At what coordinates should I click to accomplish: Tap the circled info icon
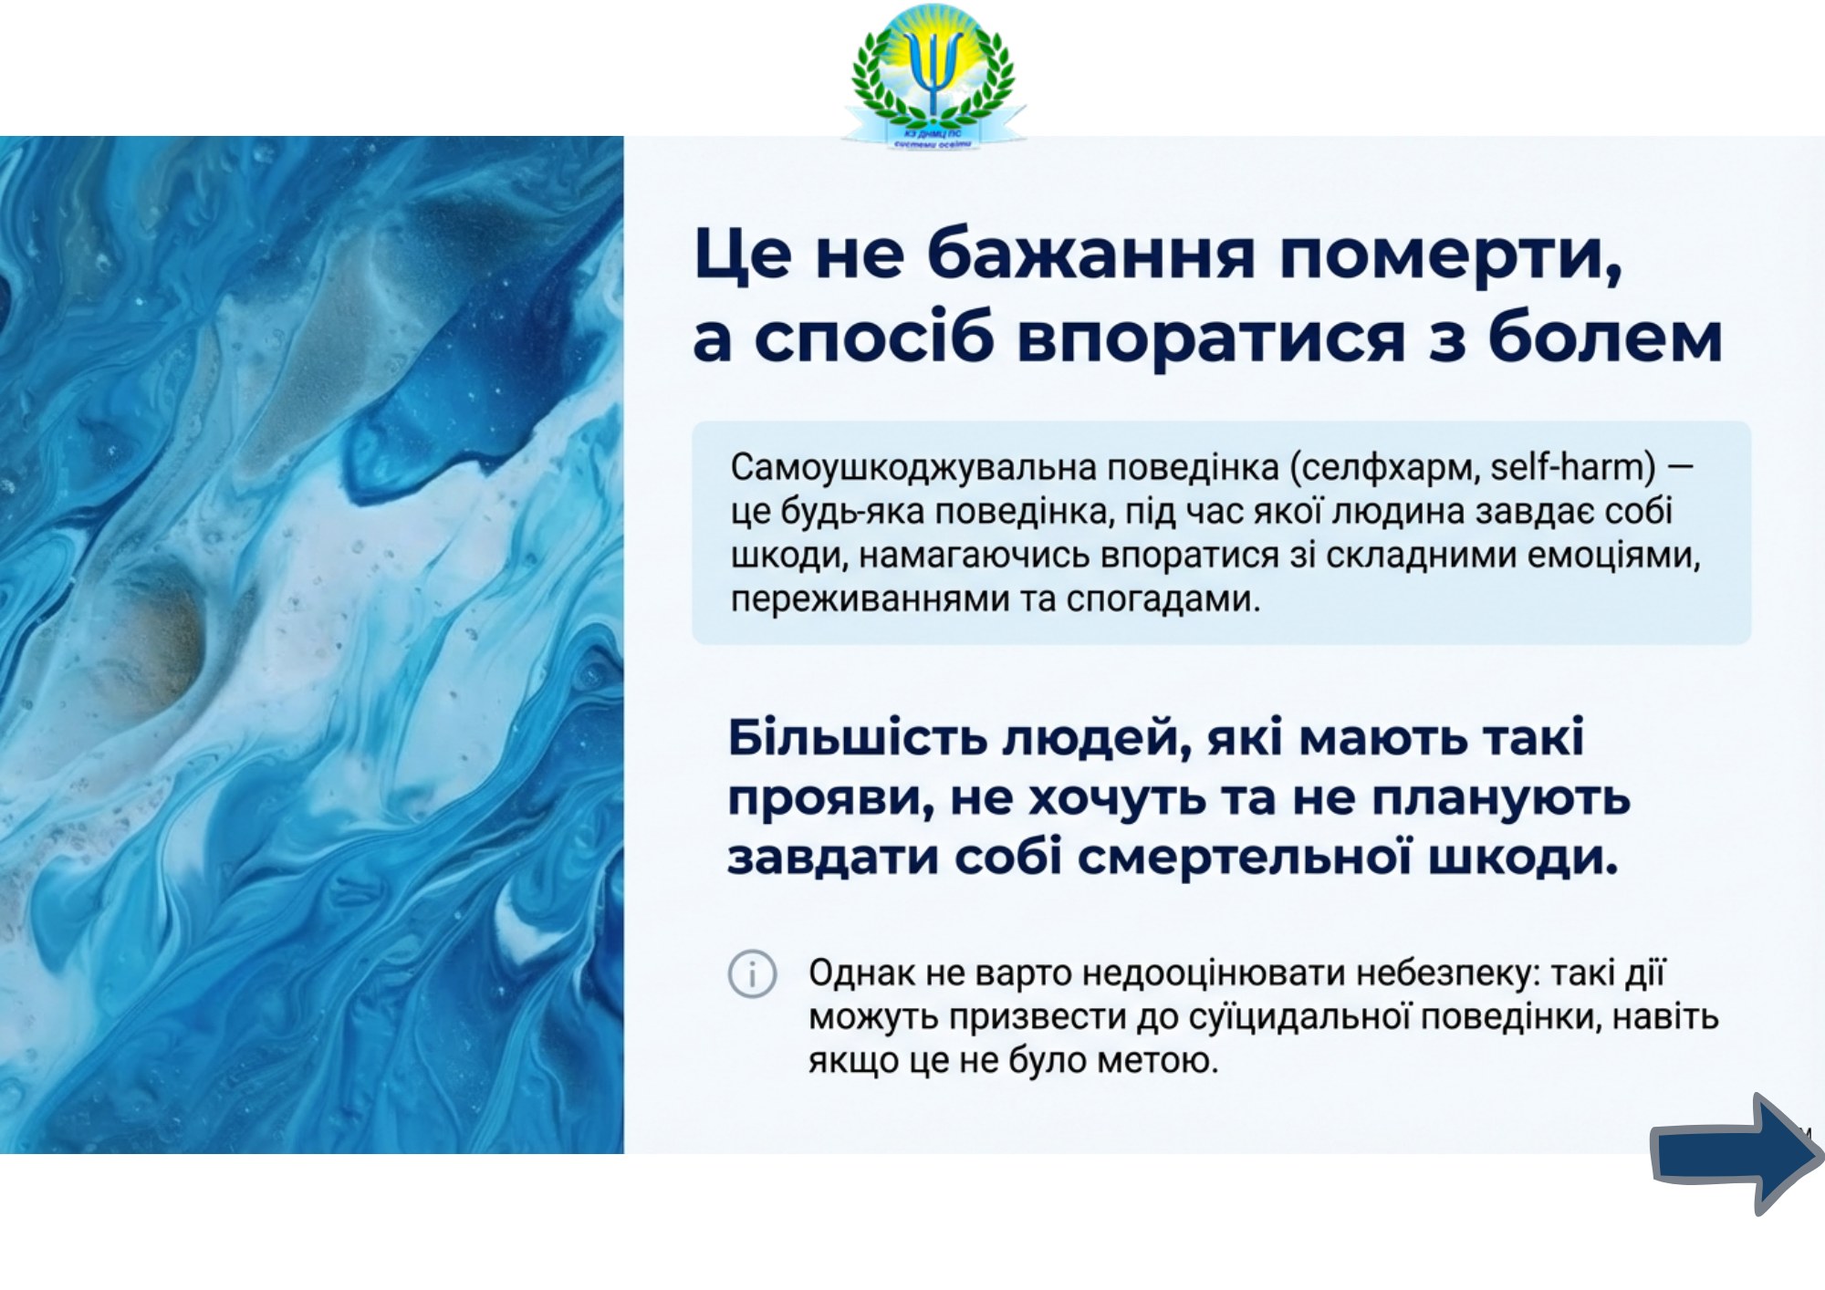tap(752, 974)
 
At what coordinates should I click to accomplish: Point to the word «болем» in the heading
tap(1605, 337)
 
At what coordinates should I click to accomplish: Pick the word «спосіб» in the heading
tap(873, 338)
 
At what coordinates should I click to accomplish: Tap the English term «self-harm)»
tap(1573, 467)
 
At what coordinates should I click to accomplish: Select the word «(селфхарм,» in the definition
tap(1385, 468)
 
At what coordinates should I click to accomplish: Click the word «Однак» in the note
tap(861, 973)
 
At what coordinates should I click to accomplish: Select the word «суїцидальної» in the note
tap(1301, 1017)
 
